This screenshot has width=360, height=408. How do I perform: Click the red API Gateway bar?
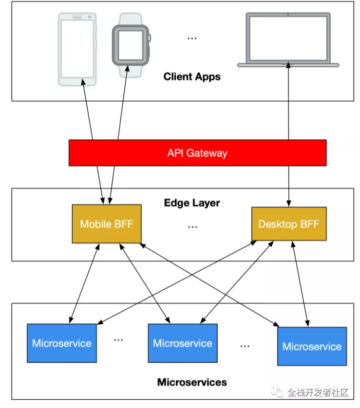[197, 153]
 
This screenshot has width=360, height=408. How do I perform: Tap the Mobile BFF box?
[106, 224]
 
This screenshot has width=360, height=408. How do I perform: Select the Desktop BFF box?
[288, 224]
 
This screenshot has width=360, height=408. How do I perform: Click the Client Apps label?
[192, 76]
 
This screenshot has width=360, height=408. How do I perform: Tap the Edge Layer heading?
[192, 203]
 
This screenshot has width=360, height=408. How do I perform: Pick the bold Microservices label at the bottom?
[192, 382]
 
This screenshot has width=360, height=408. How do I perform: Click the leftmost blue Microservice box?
[61, 343]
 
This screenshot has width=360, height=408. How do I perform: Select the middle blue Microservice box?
[182, 343]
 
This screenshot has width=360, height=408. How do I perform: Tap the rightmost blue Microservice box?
[312, 346]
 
